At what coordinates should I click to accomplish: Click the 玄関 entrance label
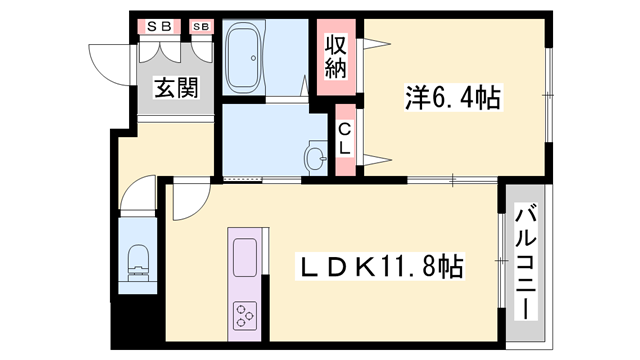(176, 87)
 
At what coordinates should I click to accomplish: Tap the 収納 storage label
(334, 58)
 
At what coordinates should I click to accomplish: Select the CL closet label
(344, 138)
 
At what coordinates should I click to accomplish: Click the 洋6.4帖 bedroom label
(452, 98)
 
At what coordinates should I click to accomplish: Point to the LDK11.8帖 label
(381, 267)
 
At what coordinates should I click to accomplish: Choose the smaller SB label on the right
(201, 26)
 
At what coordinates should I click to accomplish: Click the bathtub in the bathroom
(245, 59)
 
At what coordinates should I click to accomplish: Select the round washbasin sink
(316, 158)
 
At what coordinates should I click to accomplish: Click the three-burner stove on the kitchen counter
(245, 316)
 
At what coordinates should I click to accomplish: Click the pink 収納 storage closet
(334, 59)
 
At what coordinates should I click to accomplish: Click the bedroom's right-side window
(549, 94)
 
